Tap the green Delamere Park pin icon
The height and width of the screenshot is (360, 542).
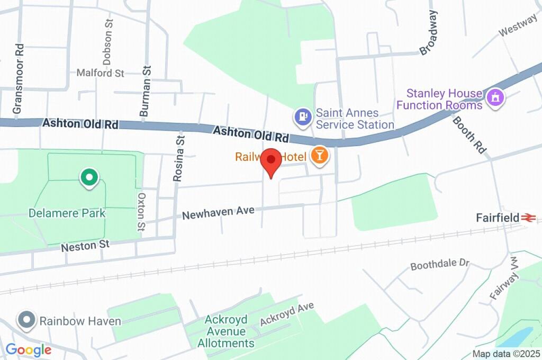(x=89, y=178)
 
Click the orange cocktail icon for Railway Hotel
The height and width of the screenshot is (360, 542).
(x=320, y=156)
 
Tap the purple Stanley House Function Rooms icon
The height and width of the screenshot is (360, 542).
(x=496, y=97)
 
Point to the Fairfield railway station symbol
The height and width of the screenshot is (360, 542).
(x=528, y=218)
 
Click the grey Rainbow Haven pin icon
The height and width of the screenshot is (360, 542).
(x=26, y=320)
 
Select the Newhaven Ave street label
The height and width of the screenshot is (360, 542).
(x=219, y=213)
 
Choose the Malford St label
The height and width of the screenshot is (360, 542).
(x=100, y=73)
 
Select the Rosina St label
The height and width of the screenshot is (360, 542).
(x=180, y=158)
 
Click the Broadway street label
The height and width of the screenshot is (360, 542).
(x=430, y=33)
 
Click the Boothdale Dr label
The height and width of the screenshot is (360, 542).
(x=440, y=264)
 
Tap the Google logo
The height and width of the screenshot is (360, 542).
(x=29, y=349)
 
